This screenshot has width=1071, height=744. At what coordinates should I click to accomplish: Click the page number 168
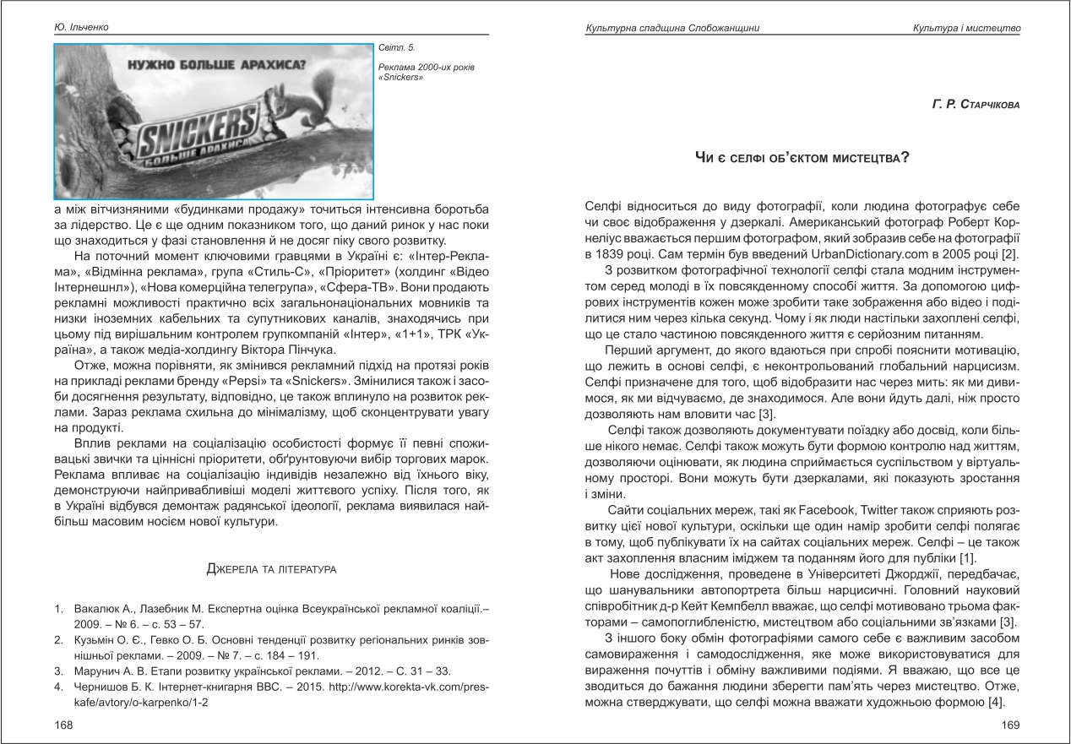63,725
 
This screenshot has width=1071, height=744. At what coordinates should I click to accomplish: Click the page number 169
1011,725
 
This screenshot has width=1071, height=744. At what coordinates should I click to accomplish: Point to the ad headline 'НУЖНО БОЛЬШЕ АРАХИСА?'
216,64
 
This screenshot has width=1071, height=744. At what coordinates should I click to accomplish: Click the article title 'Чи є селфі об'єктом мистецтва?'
802,156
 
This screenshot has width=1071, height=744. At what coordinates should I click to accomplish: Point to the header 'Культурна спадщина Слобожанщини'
672,29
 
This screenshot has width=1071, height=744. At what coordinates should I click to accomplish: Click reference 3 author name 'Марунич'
99,671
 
